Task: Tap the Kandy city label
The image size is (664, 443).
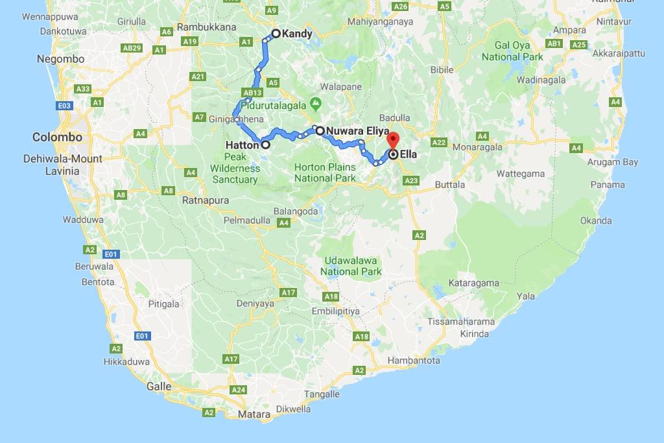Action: pos(298,34)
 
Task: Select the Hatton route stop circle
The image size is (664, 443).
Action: pos(265,145)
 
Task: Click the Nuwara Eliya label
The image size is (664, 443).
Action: pos(357,131)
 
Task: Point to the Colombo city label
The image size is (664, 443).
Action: pos(58,138)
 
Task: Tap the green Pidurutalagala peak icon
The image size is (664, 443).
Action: pos(316,102)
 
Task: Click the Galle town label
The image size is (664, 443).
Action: pos(159,387)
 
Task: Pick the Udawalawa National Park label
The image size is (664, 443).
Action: pos(351,266)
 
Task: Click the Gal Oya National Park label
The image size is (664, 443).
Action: pos(512,51)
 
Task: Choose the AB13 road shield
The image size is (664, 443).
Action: pos(251,92)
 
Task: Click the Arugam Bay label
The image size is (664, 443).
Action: pos(613,162)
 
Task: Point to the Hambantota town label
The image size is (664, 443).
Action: pos(414,361)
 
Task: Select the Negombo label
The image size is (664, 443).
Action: pos(61,59)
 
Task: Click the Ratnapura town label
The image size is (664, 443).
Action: pos(206,200)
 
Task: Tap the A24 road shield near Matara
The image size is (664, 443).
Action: pos(239,390)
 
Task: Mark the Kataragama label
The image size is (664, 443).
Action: pos(475,283)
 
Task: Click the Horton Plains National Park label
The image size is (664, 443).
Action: pos(325,173)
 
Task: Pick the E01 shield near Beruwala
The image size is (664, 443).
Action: pos(110,254)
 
